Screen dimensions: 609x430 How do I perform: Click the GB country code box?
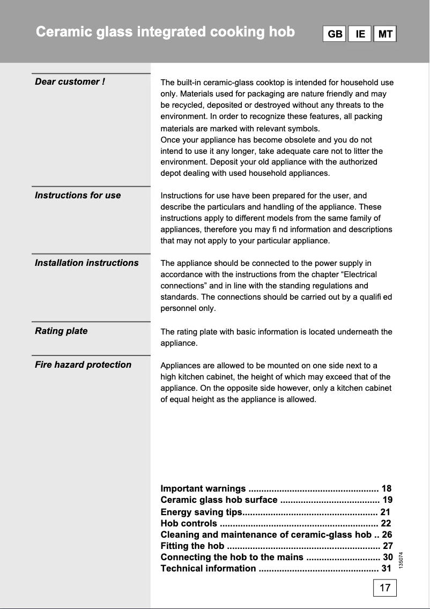coord(335,34)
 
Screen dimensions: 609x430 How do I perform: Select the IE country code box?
coord(360,34)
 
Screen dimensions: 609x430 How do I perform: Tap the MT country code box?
coord(385,34)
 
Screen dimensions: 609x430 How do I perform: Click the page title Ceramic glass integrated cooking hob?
coord(165,32)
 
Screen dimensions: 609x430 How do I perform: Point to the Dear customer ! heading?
coord(70,81)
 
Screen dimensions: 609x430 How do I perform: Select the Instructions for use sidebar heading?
coord(78,195)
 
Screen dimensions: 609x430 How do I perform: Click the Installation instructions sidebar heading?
coord(87,263)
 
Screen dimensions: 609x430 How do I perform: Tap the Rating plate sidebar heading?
coord(61,331)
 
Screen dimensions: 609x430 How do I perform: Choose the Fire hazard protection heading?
coord(83,365)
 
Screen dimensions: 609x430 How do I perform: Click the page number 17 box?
coord(385,588)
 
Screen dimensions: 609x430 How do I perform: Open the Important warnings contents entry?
coord(203,488)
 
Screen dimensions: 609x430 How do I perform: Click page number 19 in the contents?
coord(387,500)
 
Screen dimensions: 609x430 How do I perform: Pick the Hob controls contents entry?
coord(189,523)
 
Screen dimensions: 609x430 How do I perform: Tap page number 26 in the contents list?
coord(387,534)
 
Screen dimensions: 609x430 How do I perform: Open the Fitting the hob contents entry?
coord(192,546)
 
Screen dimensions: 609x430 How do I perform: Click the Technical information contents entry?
coord(209,568)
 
